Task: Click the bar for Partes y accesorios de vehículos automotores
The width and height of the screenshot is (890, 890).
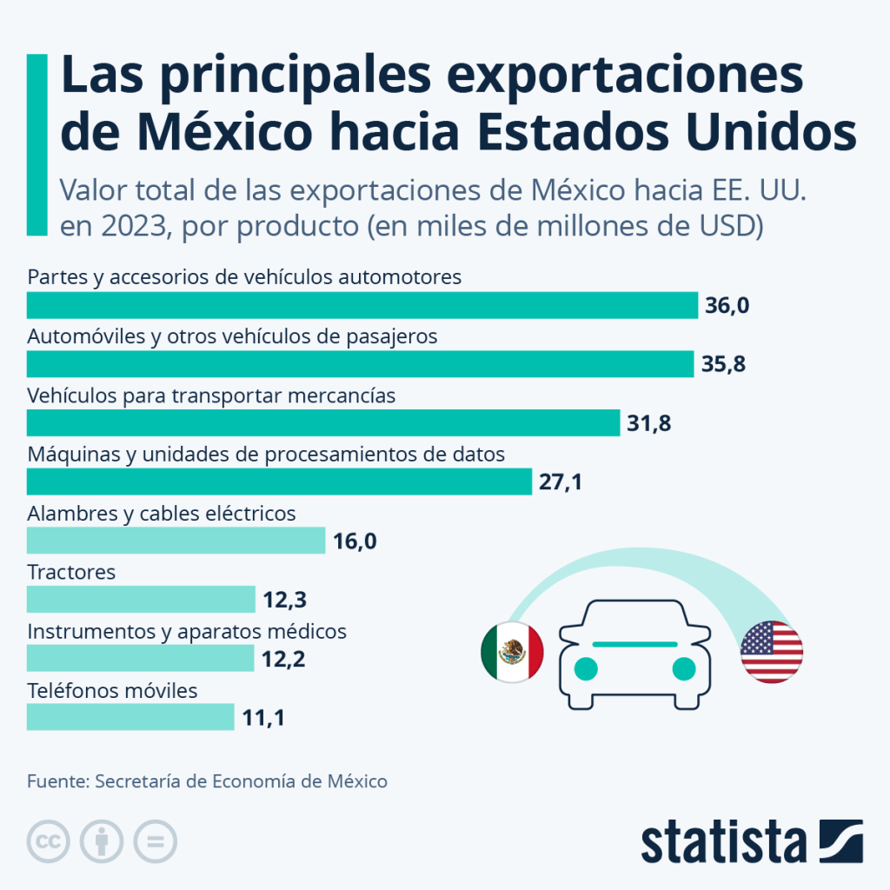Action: click(x=362, y=305)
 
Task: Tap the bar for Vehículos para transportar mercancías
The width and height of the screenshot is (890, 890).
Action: click(x=322, y=423)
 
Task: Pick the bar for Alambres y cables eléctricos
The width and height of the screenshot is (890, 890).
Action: click(x=176, y=541)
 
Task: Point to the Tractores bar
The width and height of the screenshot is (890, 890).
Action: click(x=141, y=600)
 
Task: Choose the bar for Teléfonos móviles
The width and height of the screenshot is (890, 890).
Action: click(x=130, y=717)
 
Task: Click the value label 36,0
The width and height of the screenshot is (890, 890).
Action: click(x=727, y=306)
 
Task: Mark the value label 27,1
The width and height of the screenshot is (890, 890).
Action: click(x=561, y=482)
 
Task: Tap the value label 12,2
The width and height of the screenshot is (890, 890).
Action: click(x=283, y=660)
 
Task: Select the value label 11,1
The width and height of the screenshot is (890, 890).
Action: click(x=263, y=718)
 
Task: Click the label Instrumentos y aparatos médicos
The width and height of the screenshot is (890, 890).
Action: click(x=187, y=632)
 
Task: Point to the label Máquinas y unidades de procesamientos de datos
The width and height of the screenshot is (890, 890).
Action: click(x=266, y=455)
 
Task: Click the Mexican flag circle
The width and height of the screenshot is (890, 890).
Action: click(x=512, y=651)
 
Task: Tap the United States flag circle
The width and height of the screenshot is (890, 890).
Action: click(x=772, y=651)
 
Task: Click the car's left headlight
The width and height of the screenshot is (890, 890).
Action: click(x=587, y=668)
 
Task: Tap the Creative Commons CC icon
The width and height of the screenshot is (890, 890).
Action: click(x=50, y=840)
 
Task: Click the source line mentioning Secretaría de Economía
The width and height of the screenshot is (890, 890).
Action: click(x=207, y=780)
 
